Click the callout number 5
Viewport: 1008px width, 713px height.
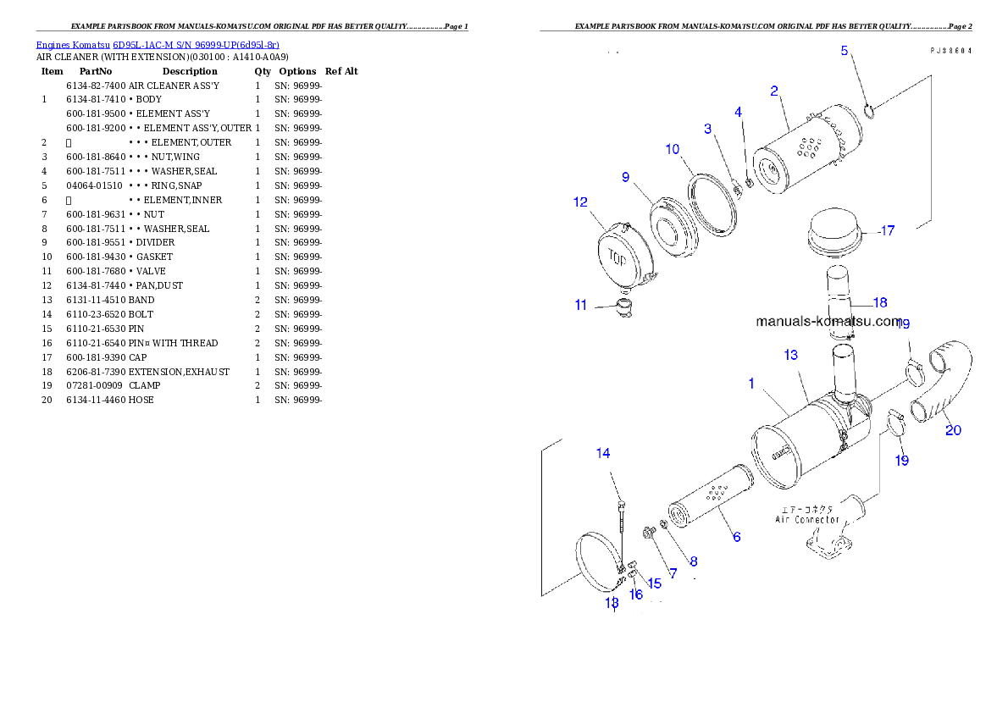[844, 50]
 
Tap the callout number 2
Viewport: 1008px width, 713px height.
[774, 91]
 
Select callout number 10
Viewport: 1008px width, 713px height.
[673, 149]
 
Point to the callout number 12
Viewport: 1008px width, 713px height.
[580, 202]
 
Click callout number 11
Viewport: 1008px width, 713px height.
[580, 305]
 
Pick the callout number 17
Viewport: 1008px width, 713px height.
[887, 230]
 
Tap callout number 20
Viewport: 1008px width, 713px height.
[953, 430]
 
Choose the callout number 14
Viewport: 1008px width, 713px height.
[603, 453]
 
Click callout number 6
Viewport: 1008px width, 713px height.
[736, 537]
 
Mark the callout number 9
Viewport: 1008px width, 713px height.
[625, 177]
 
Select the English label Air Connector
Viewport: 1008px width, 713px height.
[808, 519]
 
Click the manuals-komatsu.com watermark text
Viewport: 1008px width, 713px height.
[828, 322]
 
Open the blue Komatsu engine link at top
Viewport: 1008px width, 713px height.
[158, 45]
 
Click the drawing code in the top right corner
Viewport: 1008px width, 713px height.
[950, 51]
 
